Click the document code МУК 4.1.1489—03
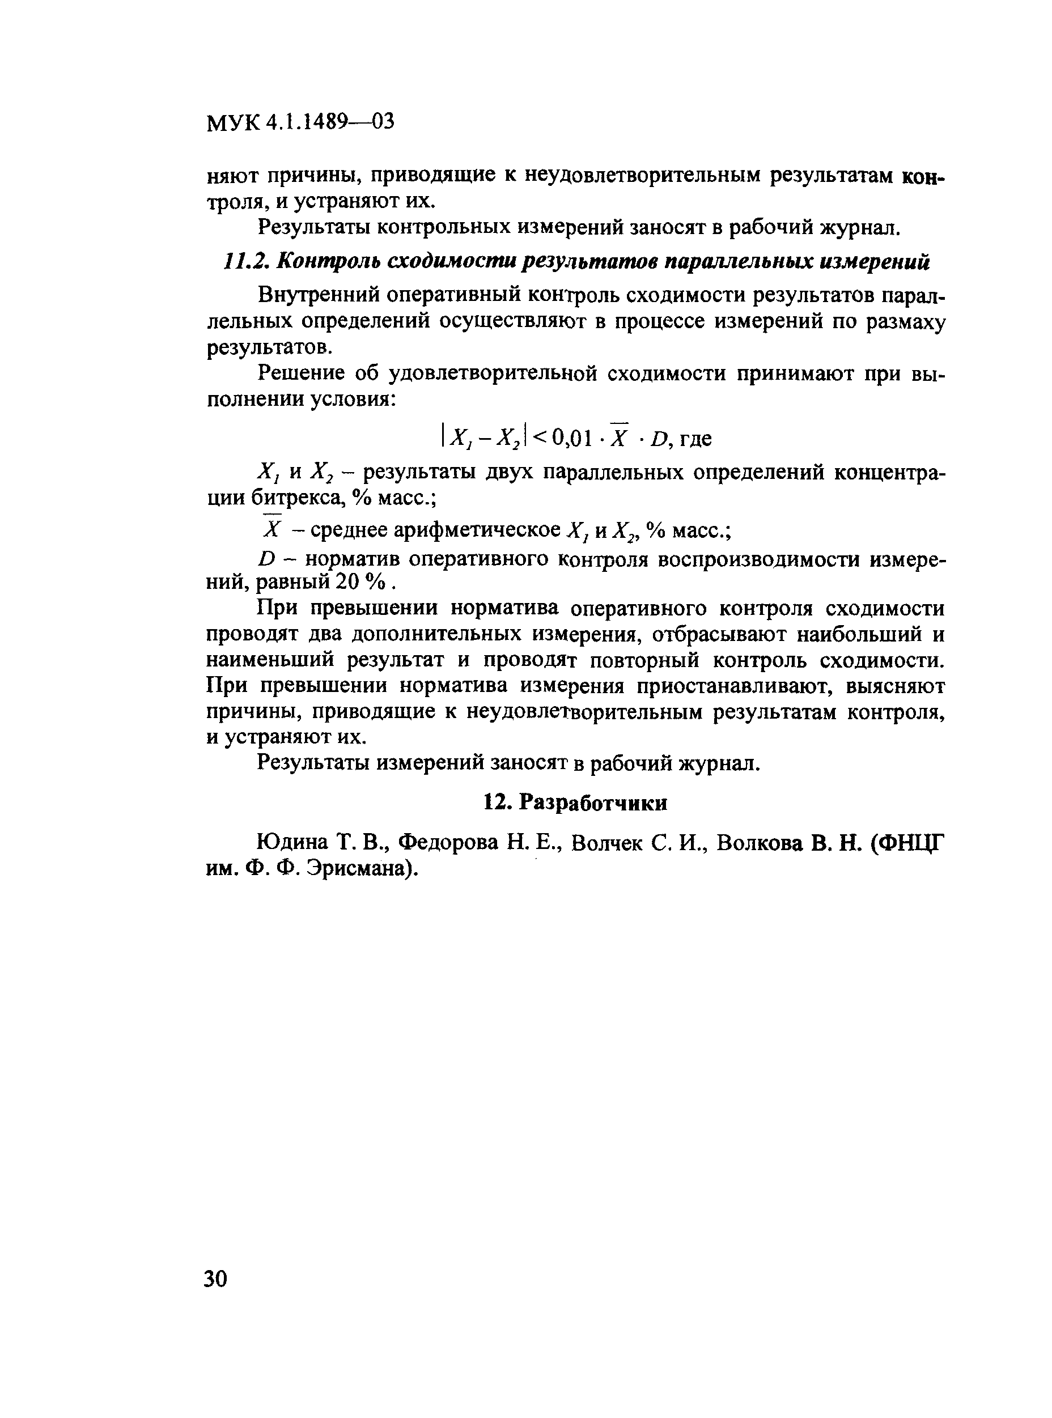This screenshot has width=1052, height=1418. point(300,121)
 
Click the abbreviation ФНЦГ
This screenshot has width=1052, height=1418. point(912,843)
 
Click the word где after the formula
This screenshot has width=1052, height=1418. point(695,439)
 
